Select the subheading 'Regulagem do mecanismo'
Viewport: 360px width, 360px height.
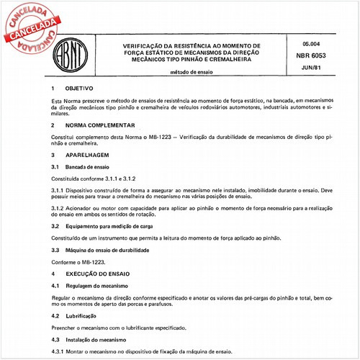click(94, 286)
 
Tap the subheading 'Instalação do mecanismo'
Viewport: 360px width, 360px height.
click(95, 338)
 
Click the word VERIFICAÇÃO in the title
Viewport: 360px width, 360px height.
click(140, 45)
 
